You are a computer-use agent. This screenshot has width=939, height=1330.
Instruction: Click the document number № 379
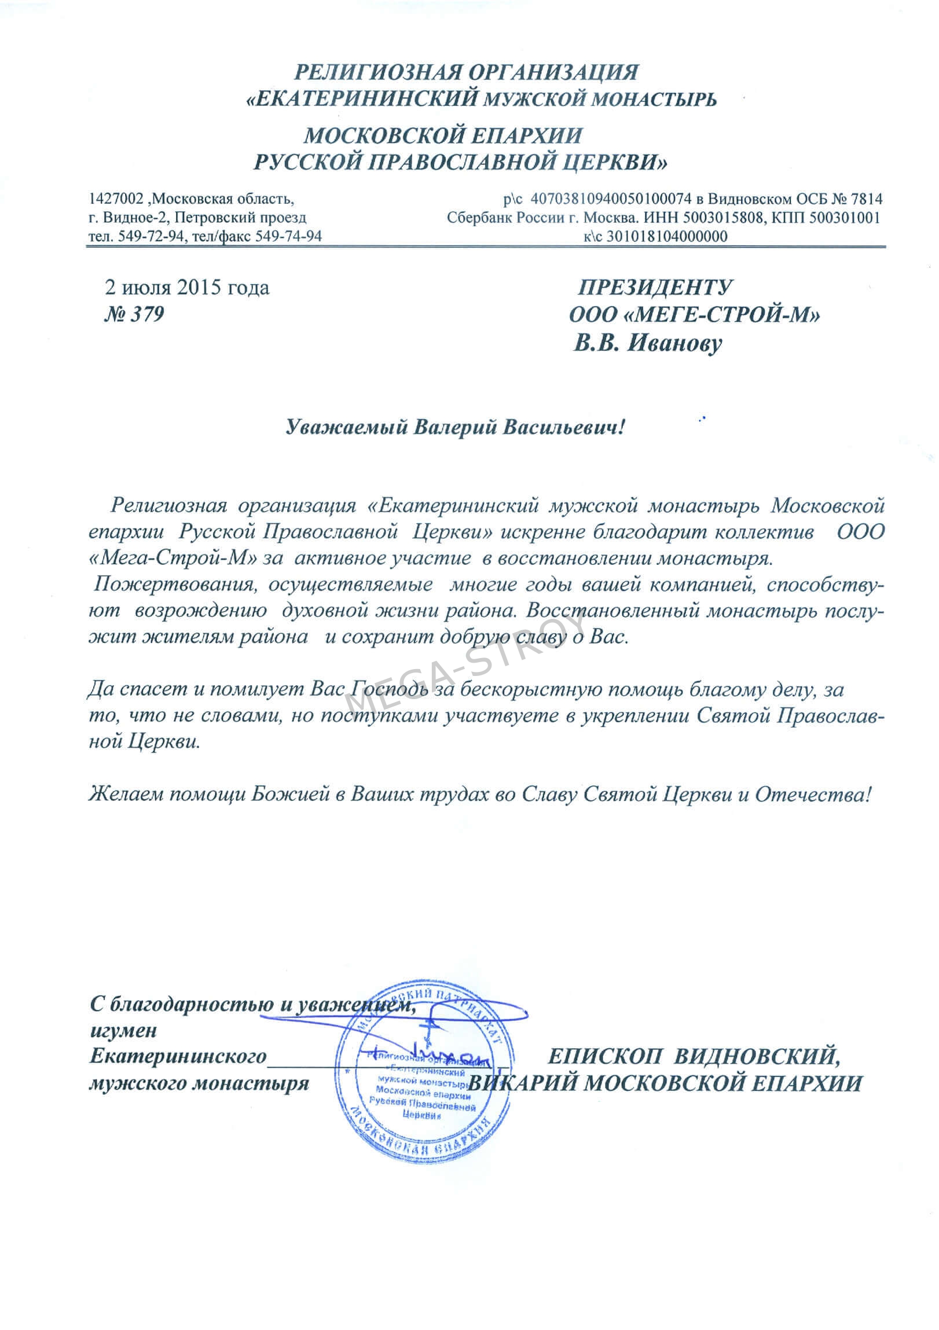click(133, 314)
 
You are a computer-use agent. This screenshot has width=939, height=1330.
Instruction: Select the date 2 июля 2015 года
click(186, 287)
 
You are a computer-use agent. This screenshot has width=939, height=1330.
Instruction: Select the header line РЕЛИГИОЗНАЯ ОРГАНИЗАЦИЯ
click(467, 72)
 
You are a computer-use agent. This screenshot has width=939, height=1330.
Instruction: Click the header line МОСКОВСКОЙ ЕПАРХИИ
click(443, 135)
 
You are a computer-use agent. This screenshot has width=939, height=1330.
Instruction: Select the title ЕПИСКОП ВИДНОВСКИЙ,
click(694, 1056)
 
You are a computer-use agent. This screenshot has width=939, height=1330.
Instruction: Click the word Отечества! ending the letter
click(812, 793)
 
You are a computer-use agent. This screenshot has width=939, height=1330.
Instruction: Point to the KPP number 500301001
click(847, 218)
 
